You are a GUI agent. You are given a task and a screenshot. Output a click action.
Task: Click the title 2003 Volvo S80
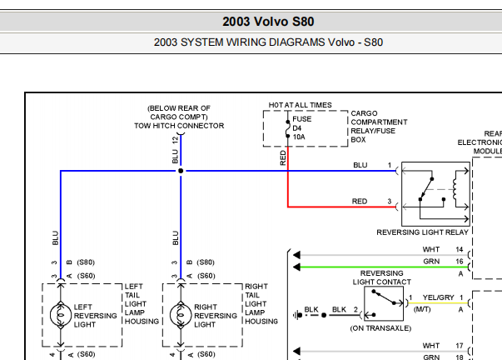(x=268, y=22)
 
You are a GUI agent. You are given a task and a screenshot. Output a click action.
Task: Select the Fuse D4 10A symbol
(x=288, y=129)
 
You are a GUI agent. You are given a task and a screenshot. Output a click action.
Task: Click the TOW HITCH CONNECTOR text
(x=179, y=126)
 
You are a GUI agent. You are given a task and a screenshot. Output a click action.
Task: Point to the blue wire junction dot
(x=181, y=171)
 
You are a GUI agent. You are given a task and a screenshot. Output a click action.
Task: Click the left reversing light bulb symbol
(x=61, y=315)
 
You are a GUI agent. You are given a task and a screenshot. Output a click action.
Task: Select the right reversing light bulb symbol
(x=181, y=315)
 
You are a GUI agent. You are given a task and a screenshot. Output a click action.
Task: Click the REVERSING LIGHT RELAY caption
(x=422, y=232)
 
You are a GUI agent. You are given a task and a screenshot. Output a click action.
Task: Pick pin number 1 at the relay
(x=390, y=165)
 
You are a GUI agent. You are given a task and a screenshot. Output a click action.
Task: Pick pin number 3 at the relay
(x=390, y=202)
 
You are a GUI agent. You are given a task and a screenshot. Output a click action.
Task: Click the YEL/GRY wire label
(x=438, y=297)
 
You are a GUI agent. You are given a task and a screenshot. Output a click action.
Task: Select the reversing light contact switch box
(x=384, y=303)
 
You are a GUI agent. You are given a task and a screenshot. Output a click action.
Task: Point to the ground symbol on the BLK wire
(x=297, y=315)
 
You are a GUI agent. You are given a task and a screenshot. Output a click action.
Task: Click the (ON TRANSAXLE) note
(x=380, y=328)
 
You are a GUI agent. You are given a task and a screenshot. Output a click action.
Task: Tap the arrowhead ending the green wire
(x=296, y=267)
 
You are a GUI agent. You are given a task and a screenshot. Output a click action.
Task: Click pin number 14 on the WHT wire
(x=460, y=249)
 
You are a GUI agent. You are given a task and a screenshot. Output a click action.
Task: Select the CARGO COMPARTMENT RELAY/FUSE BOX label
(x=379, y=127)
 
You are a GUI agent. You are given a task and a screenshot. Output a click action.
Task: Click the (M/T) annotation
(x=422, y=309)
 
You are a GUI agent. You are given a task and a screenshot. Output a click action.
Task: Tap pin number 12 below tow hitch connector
(x=175, y=140)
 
